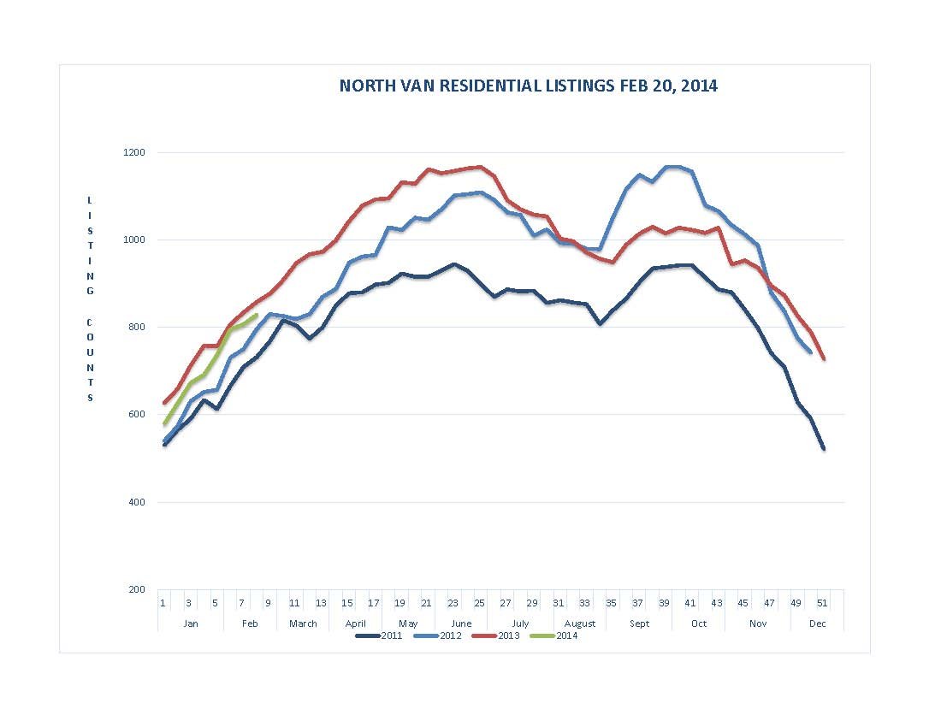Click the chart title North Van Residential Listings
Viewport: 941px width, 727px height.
[x=528, y=86]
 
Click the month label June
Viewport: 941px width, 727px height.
[x=460, y=624]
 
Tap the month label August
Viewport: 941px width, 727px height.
[x=579, y=624]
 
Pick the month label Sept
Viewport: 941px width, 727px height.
[x=639, y=624]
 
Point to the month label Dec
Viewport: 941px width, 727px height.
[x=817, y=624]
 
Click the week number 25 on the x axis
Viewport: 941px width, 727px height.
[x=479, y=603]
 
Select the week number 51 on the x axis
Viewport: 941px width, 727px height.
[x=822, y=603]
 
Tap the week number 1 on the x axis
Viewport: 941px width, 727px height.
[x=163, y=603]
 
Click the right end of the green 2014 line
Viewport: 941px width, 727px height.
[x=257, y=315]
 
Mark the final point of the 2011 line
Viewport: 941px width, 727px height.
[x=824, y=449]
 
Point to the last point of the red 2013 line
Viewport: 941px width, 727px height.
[x=824, y=359]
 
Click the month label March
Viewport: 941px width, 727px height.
[x=303, y=624]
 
